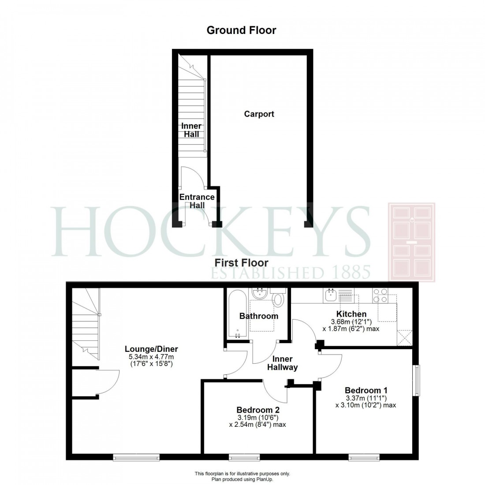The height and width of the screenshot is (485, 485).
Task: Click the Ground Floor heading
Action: click(x=241, y=30)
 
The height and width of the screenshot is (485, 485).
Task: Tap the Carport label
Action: click(x=259, y=114)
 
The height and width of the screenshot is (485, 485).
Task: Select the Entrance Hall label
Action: click(x=197, y=201)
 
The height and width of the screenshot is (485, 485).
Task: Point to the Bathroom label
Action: click(x=259, y=316)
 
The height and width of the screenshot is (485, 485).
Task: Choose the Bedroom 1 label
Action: click(x=366, y=390)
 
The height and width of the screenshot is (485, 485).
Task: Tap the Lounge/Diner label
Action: click(x=151, y=349)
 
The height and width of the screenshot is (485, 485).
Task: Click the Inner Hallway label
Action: click(x=285, y=363)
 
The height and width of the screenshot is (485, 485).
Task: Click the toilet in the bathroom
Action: click(x=278, y=300)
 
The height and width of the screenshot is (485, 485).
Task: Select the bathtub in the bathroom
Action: click(x=237, y=314)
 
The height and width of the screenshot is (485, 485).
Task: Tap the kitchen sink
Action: click(x=331, y=295)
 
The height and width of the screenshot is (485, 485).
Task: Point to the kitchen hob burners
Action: click(x=381, y=295)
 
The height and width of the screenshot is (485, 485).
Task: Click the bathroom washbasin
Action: click(x=258, y=294)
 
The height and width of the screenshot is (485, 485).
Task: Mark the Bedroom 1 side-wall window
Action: click(x=416, y=380)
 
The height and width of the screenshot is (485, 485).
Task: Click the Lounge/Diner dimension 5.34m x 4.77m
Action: click(x=151, y=357)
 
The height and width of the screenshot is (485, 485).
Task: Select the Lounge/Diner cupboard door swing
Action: click(x=108, y=382)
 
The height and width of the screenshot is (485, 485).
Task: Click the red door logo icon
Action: click(x=411, y=242)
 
